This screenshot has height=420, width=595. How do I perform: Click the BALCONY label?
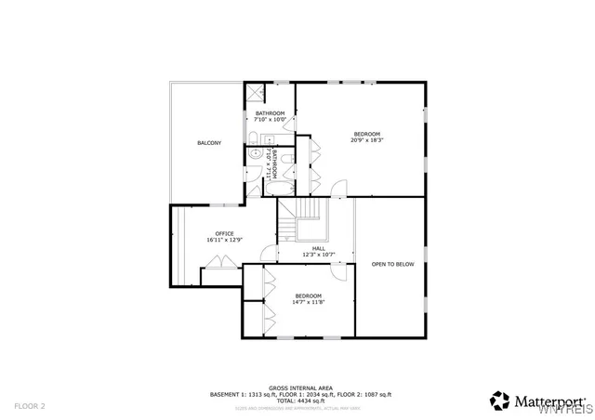point(209,142)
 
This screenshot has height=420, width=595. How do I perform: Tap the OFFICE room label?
point(224,233)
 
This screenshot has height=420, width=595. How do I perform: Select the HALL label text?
point(318,248)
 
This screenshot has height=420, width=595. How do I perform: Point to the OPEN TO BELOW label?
point(392,264)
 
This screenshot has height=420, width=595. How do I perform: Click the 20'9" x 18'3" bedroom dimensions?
point(367,140)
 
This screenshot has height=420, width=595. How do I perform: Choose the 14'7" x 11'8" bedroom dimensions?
point(309,302)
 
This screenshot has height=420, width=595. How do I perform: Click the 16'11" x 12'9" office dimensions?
point(224,241)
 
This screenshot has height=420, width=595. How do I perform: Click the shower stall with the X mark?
point(254,93)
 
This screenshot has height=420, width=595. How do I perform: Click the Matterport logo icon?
point(500,400)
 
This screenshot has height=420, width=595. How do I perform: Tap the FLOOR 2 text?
point(29,405)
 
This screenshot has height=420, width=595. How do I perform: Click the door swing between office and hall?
point(269,253)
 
